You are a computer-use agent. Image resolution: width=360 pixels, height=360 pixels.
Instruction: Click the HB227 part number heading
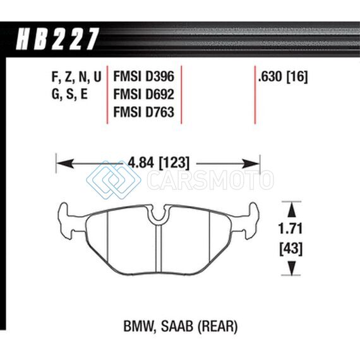pos(57,39)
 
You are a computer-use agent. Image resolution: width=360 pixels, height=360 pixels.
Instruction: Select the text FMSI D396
pos(144,76)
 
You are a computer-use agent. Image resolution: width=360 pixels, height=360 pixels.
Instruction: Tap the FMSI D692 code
pos(144,94)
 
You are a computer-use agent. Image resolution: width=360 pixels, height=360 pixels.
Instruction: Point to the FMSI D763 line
pos(144,112)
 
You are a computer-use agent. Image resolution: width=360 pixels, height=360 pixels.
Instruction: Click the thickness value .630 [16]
pos(282,76)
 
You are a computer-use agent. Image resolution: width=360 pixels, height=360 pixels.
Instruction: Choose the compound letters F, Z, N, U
pos(76,77)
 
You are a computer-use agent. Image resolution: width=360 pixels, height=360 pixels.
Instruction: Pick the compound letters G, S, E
pos(70,94)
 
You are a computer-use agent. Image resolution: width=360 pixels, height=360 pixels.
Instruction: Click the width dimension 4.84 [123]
pos(159,163)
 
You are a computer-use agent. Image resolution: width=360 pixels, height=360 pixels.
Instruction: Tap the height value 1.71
pos(291,229)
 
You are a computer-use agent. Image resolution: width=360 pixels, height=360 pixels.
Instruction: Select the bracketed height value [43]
pos(291,248)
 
